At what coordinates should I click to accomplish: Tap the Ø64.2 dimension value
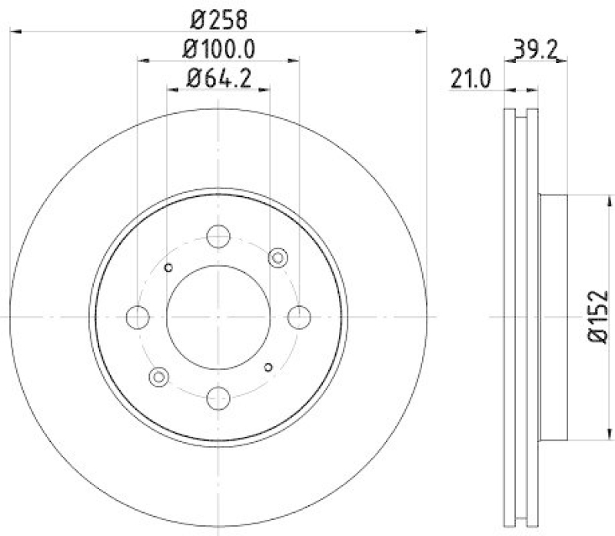coord(218,77)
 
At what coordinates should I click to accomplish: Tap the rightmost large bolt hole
coord(298,316)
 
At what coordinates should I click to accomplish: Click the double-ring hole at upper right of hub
coord(278,257)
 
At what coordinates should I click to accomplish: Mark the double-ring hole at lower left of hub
coord(159,376)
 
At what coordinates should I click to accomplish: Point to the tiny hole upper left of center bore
coord(169,267)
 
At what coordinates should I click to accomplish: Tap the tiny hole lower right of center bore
coord(268,366)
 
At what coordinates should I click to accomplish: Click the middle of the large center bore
coord(218,316)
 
